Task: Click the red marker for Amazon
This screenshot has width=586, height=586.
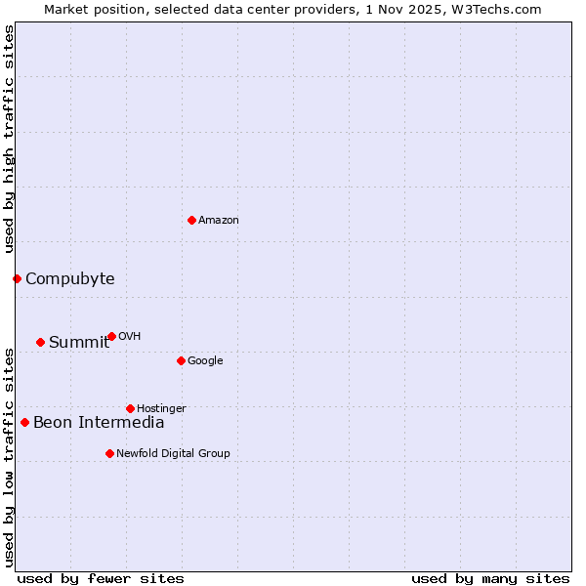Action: tap(191, 220)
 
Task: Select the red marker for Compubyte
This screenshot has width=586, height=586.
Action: tap(17, 279)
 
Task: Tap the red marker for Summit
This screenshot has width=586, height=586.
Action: tap(40, 342)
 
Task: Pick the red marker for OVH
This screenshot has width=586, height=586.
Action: tap(111, 336)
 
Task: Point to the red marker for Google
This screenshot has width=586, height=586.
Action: tap(181, 360)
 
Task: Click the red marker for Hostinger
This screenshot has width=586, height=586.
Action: tap(130, 408)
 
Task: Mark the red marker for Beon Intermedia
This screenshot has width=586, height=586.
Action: tap(24, 423)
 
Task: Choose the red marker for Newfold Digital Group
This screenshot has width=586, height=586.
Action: tap(109, 453)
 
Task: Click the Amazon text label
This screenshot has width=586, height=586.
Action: tap(219, 221)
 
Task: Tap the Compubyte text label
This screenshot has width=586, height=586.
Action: tap(70, 279)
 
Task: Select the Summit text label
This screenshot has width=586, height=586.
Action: tap(79, 342)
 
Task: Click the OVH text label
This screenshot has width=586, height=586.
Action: tap(130, 337)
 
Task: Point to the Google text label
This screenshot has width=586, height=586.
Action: tap(205, 361)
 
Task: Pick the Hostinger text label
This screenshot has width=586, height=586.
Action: tap(161, 408)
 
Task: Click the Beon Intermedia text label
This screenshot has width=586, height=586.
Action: tap(99, 423)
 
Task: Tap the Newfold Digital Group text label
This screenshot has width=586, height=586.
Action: tap(173, 453)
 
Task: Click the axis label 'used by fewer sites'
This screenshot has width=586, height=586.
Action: tap(101, 579)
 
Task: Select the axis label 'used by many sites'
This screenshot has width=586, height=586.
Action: tap(490, 579)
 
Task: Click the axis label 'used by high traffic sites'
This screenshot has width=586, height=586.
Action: tap(9, 140)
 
